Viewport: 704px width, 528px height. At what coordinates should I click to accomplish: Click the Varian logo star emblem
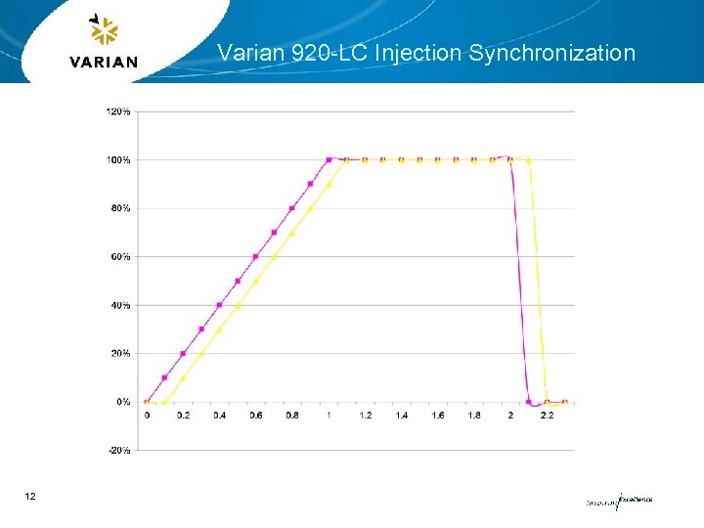point(103,31)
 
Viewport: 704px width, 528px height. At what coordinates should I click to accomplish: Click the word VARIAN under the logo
point(104,62)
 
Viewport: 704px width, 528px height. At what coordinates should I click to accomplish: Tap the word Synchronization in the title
point(551,53)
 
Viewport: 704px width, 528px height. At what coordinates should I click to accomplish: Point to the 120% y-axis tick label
point(117,111)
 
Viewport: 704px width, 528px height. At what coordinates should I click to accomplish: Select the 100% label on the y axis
point(117,159)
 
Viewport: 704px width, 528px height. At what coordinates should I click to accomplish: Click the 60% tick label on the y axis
point(119,256)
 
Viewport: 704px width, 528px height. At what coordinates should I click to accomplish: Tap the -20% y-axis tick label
point(118,450)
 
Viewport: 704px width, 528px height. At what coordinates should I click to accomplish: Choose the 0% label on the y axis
point(122,402)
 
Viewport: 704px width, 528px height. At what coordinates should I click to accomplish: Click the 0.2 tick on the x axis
point(183,416)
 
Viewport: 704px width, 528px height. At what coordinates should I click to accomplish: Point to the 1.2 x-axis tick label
point(365,416)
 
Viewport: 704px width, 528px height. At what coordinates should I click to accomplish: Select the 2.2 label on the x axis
point(547,416)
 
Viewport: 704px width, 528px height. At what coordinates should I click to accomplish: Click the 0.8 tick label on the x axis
point(292,416)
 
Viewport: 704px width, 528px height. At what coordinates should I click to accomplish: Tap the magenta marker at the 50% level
point(238,281)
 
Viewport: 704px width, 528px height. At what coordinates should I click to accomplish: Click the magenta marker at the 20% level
point(183,353)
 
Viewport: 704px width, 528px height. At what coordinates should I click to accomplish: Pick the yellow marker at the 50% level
point(256,281)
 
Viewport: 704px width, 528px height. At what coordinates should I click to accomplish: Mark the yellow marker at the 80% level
point(311,208)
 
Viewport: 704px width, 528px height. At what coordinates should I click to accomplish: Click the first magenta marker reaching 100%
point(329,159)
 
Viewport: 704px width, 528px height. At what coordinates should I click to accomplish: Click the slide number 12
point(30,498)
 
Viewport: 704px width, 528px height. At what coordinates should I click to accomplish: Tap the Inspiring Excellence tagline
point(618,501)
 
